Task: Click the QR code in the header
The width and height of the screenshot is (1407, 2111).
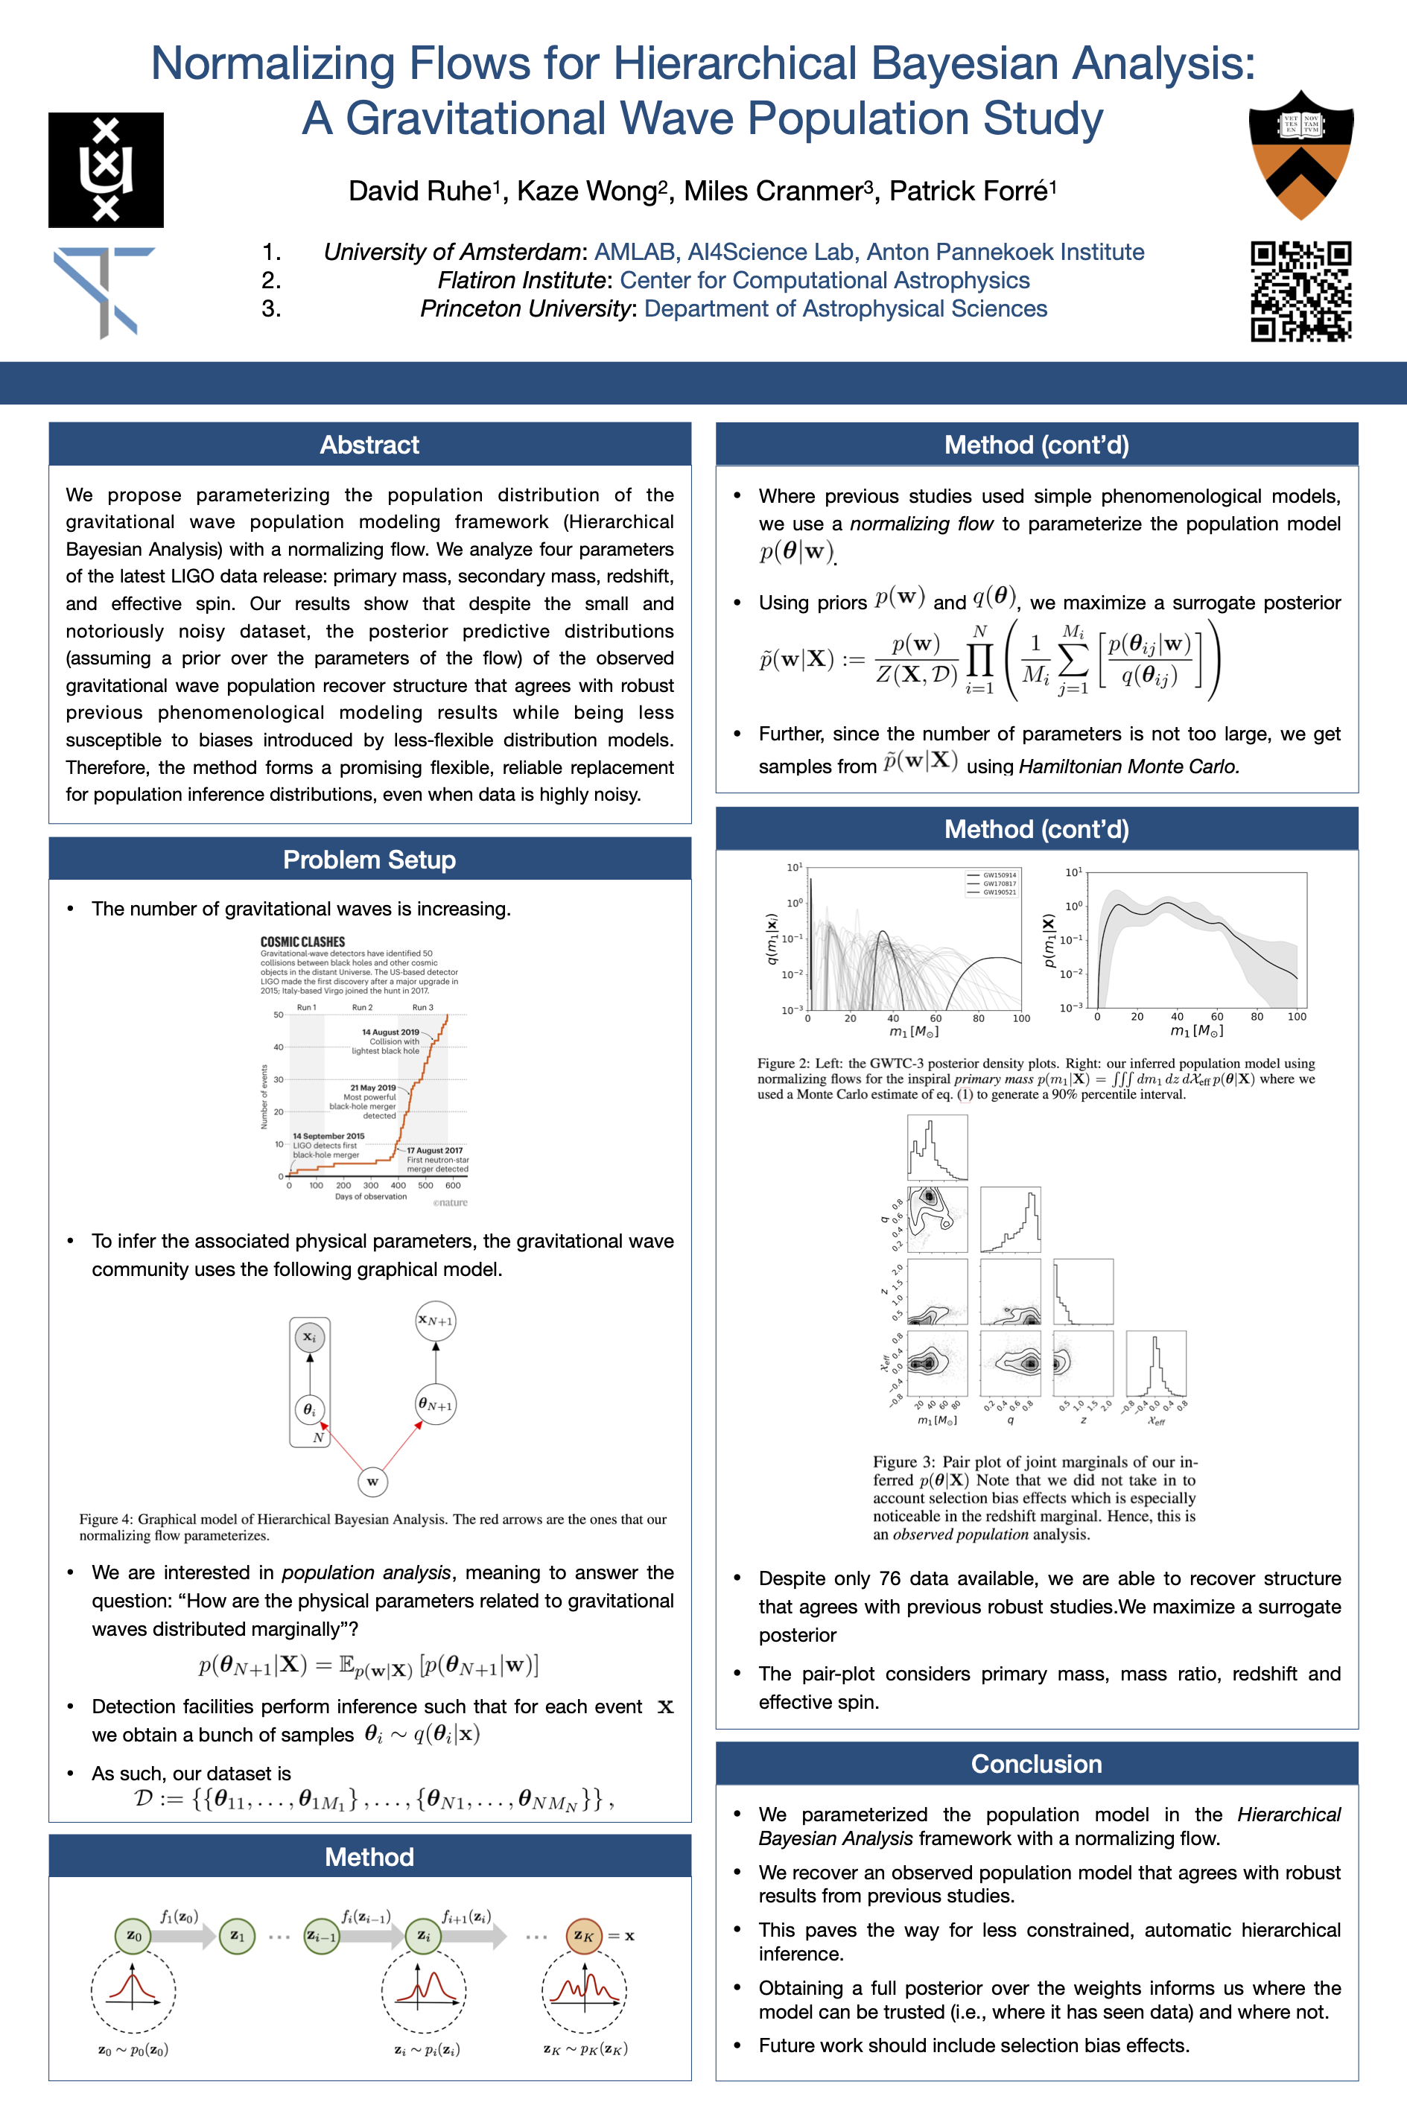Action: pos(1301,291)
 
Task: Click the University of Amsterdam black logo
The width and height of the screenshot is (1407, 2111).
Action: pos(106,170)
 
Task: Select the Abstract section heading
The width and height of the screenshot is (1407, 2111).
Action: pos(369,445)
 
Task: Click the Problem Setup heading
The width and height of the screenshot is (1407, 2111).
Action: pos(369,860)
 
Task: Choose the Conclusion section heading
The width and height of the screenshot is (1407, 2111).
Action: pos(1036,1764)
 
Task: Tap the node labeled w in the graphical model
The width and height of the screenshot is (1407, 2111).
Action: pos(372,1481)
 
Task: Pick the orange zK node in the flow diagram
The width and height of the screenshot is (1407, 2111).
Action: pos(583,1935)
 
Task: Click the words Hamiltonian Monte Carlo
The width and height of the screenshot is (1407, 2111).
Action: pos(1128,766)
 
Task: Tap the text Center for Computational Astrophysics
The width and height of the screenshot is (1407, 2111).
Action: pos(825,280)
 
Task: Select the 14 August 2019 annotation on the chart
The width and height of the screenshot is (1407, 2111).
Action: pos(390,1032)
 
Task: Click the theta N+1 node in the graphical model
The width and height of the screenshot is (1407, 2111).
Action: pos(435,1404)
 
